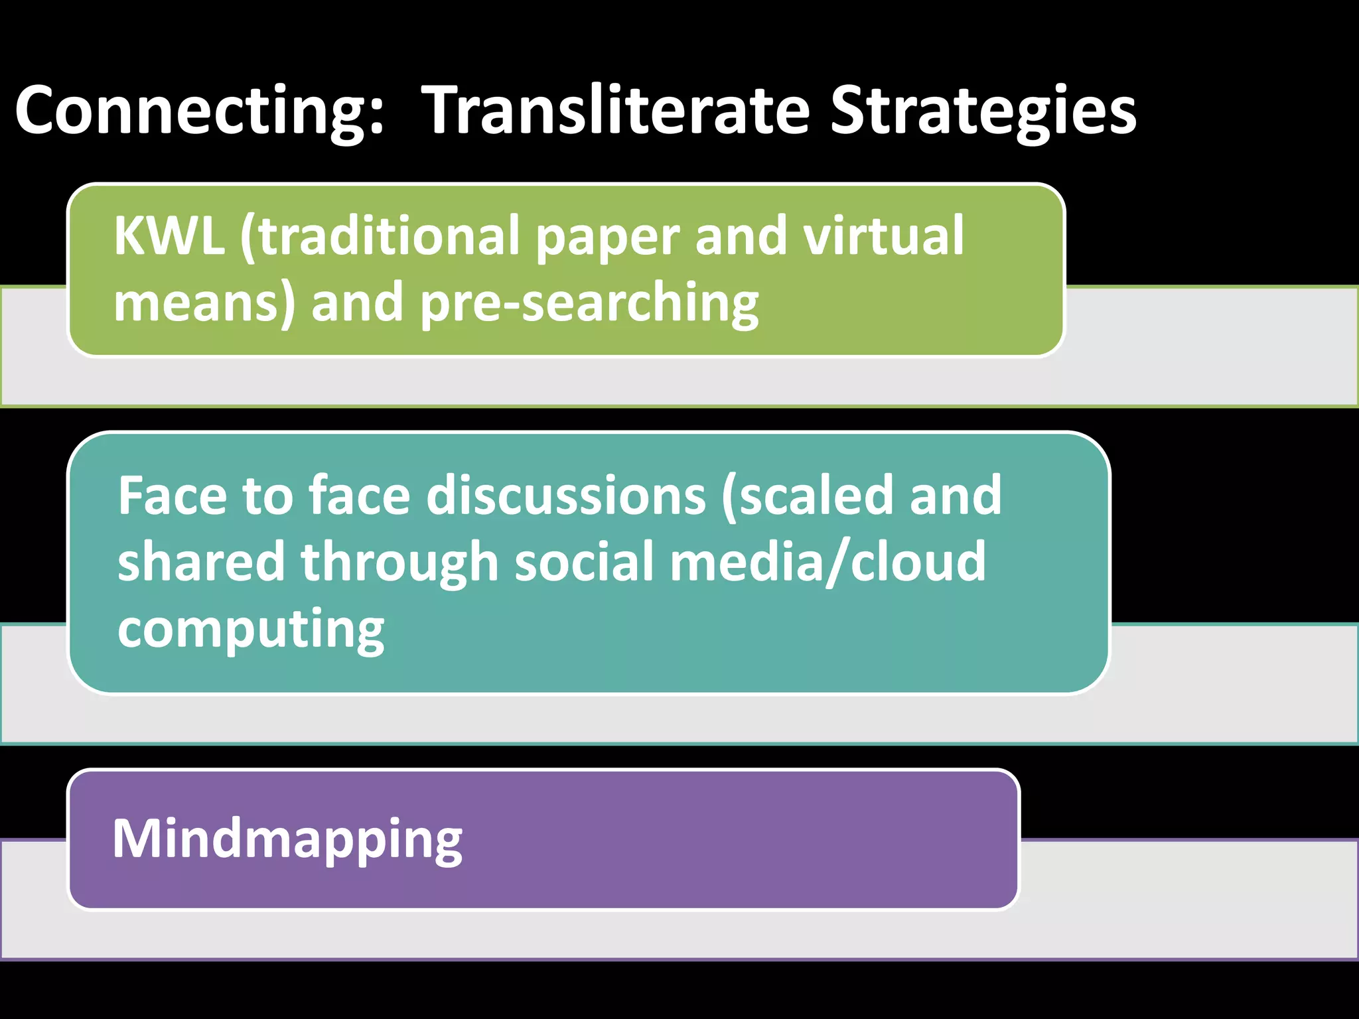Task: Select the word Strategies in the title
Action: [983, 111]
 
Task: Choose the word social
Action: [584, 561]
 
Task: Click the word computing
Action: [251, 630]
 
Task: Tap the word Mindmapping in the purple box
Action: [287, 839]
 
